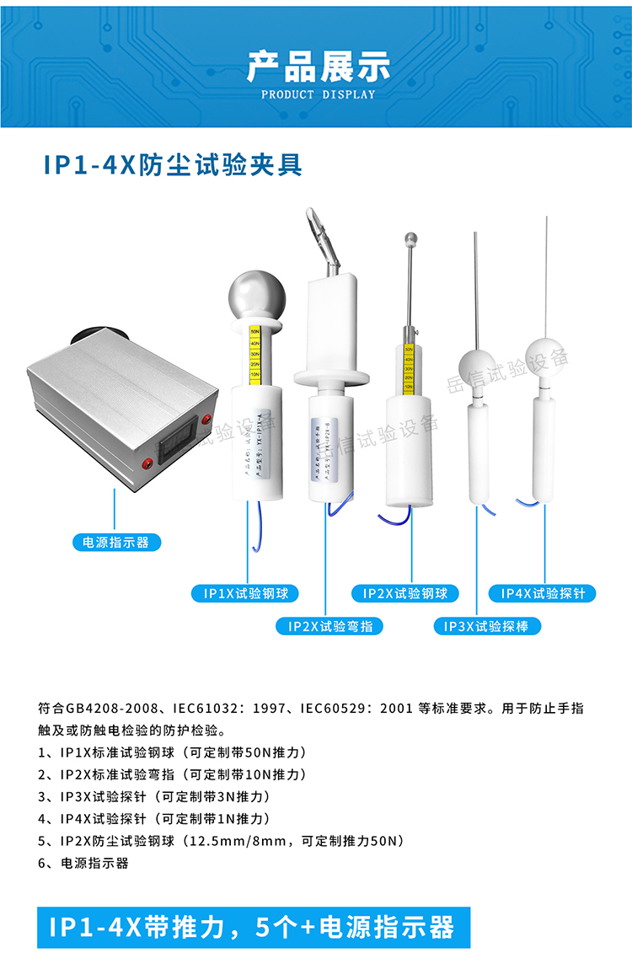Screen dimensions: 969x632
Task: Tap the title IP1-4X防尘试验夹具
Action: (x=173, y=165)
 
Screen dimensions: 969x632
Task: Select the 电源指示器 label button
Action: (x=112, y=542)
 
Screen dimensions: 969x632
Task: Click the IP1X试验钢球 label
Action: (x=246, y=593)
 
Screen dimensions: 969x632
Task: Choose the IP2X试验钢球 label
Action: (x=405, y=593)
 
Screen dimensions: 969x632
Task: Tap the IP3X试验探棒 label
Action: (x=487, y=626)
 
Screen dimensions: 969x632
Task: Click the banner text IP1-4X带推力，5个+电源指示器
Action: (x=252, y=927)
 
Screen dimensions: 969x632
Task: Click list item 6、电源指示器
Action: (x=83, y=863)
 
